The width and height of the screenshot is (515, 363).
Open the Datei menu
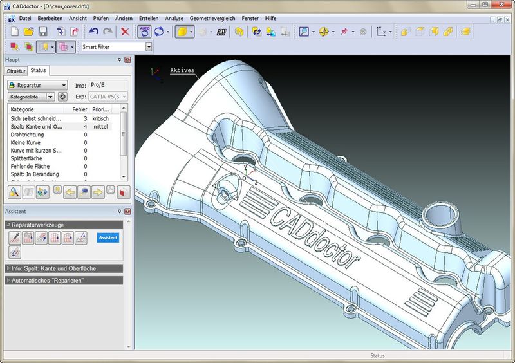[25, 19]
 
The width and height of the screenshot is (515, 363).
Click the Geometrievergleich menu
[212, 19]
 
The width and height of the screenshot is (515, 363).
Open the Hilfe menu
[270, 19]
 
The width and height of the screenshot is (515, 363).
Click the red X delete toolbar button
[125, 32]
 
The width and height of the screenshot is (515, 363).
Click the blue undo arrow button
[93, 32]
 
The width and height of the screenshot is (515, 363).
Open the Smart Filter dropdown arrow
[149, 47]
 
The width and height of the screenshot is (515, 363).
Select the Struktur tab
[16, 71]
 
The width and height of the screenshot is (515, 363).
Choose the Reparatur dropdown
[37, 85]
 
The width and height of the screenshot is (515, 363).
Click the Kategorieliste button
[27, 97]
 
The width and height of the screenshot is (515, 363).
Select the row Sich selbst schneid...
[36, 118]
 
